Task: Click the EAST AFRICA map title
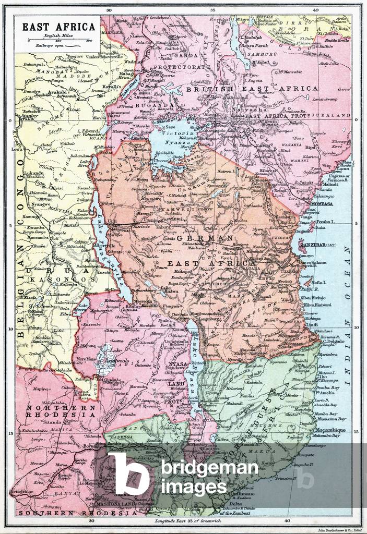(x=58, y=27)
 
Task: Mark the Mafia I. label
(x=319, y=282)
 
